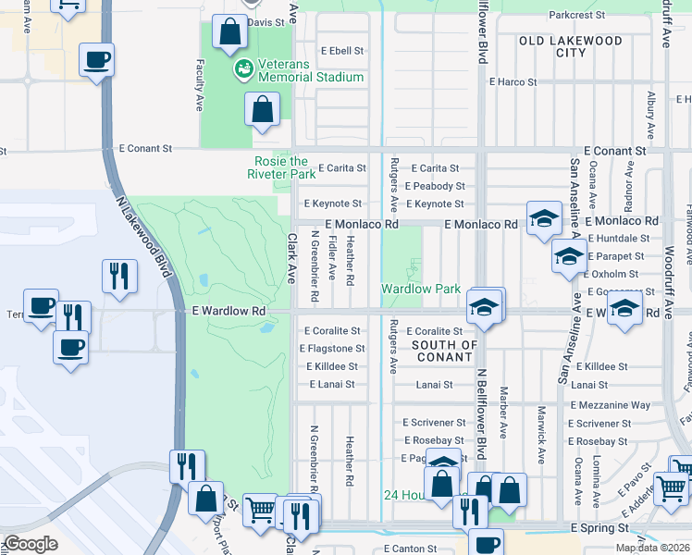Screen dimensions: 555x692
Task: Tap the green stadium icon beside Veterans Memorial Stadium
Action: (x=244, y=68)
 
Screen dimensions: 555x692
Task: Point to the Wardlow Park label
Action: (x=421, y=289)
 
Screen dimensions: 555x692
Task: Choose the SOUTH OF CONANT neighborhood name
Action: (x=444, y=351)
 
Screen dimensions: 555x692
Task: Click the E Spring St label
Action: (x=600, y=527)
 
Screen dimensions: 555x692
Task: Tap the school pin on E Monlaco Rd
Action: (x=545, y=218)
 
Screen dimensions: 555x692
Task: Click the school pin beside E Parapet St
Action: (x=568, y=256)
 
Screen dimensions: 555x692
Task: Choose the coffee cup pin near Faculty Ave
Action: (x=96, y=61)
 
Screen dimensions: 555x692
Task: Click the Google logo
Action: (x=31, y=544)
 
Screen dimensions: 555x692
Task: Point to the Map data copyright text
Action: (x=652, y=548)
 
